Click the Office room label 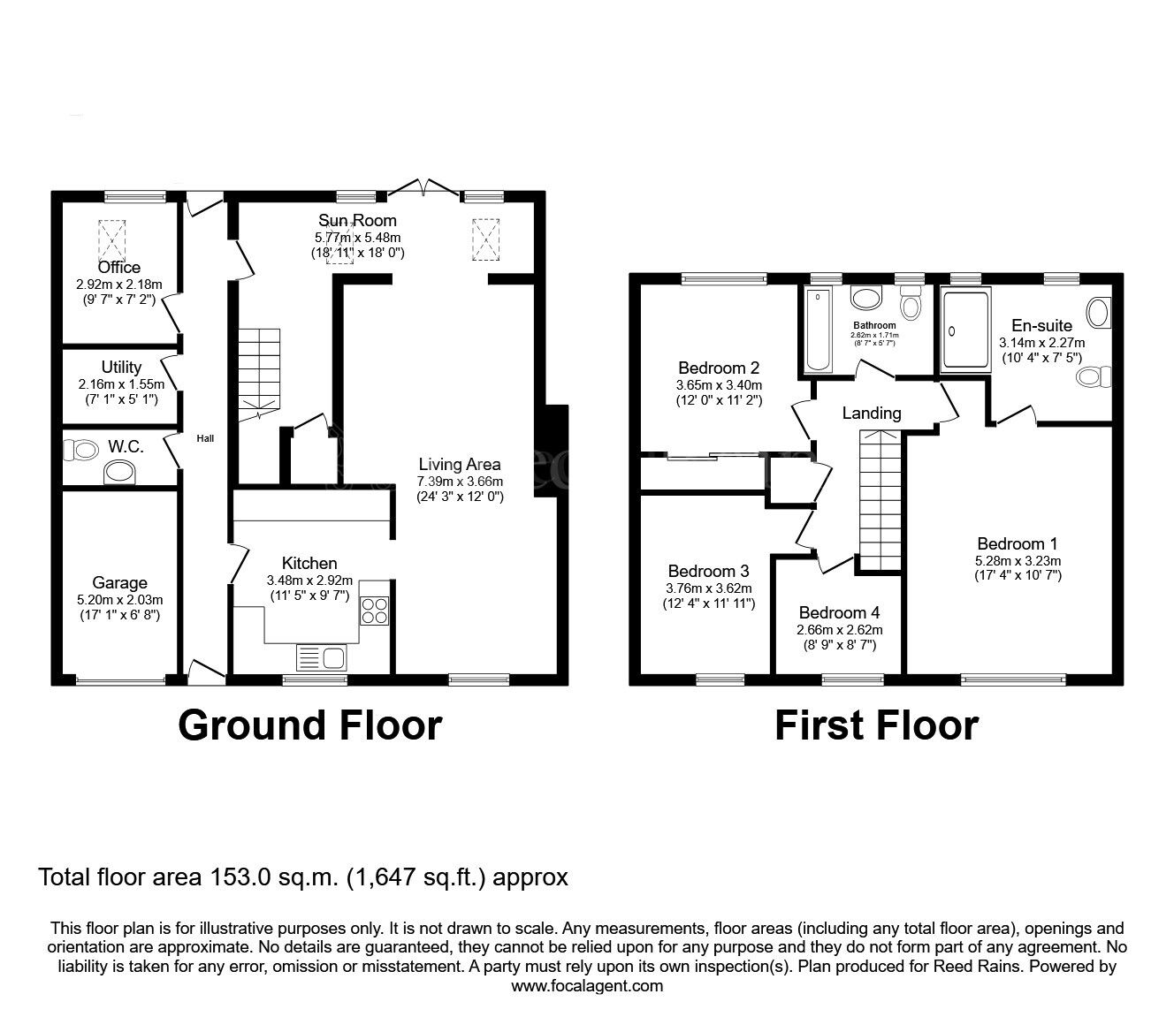pyautogui.click(x=118, y=267)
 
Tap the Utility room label pyautogui.click(x=121, y=367)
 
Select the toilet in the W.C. pyautogui.click(x=82, y=450)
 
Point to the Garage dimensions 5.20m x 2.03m pyautogui.click(x=120, y=599)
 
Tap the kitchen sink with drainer pyautogui.click(x=323, y=657)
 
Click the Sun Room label pyautogui.click(x=357, y=220)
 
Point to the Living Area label pyautogui.click(x=460, y=464)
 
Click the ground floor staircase pyautogui.click(x=258, y=368)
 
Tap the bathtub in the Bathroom pyautogui.click(x=818, y=330)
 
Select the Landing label pyautogui.click(x=871, y=413)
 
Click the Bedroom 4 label pyautogui.click(x=839, y=612)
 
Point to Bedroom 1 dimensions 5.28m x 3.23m pyautogui.click(x=1017, y=560)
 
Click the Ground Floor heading pyautogui.click(x=309, y=725)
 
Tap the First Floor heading pyautogui.click(x=876, y=725)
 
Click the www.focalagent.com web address pyautogui.click(x=587, y=986)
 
